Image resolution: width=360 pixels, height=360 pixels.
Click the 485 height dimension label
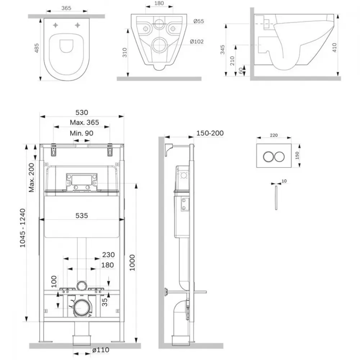click(x=36, y=48)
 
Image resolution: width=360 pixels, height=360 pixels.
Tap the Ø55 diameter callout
click(x=199, y=21)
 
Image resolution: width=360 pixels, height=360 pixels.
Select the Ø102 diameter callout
click(x=197, y=41)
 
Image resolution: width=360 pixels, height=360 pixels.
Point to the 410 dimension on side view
click(x=334, y=48)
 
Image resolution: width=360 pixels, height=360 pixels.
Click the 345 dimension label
click(x=222, y=50)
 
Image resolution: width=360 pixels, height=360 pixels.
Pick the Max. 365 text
click(x=84, y=122)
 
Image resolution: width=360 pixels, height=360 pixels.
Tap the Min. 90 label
click(x=81, y=133)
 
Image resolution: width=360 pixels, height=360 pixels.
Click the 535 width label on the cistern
click(x=82, y=216)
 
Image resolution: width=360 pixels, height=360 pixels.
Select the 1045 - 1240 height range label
click(x=23, y=228)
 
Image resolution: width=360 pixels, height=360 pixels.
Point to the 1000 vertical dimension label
click(x=132, y=263)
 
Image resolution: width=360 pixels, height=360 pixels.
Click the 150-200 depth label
click(x=210, y=133)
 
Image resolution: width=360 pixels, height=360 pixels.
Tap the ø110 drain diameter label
click(x=101, y=350)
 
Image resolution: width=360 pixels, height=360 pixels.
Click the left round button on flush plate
click(x=268, y=157)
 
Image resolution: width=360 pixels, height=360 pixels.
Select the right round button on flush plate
click(x=279, y=157)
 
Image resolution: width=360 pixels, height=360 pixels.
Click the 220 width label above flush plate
click(x=274, y=135)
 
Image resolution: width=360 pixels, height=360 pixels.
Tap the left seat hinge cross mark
click(x=55, y=25)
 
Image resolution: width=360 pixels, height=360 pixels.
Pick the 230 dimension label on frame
click(x=108, y=255)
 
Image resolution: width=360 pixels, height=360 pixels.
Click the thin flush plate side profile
click(x=276, y=198)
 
